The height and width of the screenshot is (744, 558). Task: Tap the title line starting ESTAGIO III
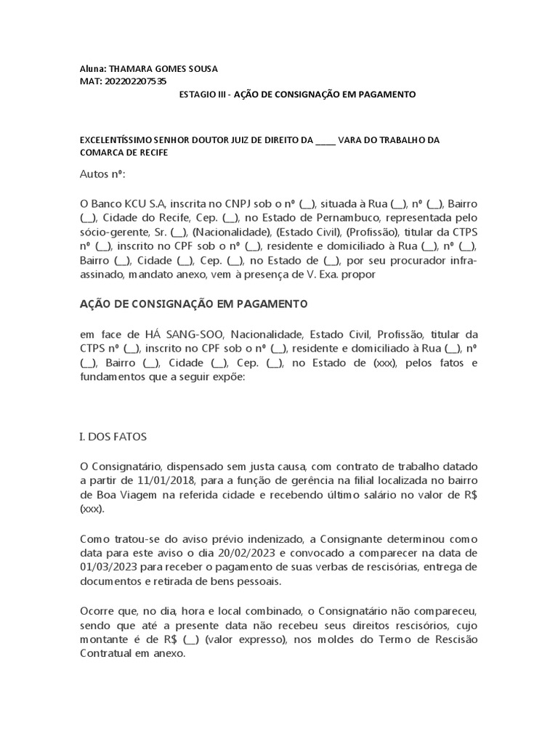pos(297,94)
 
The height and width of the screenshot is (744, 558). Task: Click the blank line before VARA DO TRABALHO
pos(325,140)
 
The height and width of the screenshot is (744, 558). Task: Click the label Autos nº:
pos(102,175)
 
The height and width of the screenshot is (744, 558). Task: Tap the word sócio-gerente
pos(114,232)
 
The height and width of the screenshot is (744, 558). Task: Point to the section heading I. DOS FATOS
pos(113,437)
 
